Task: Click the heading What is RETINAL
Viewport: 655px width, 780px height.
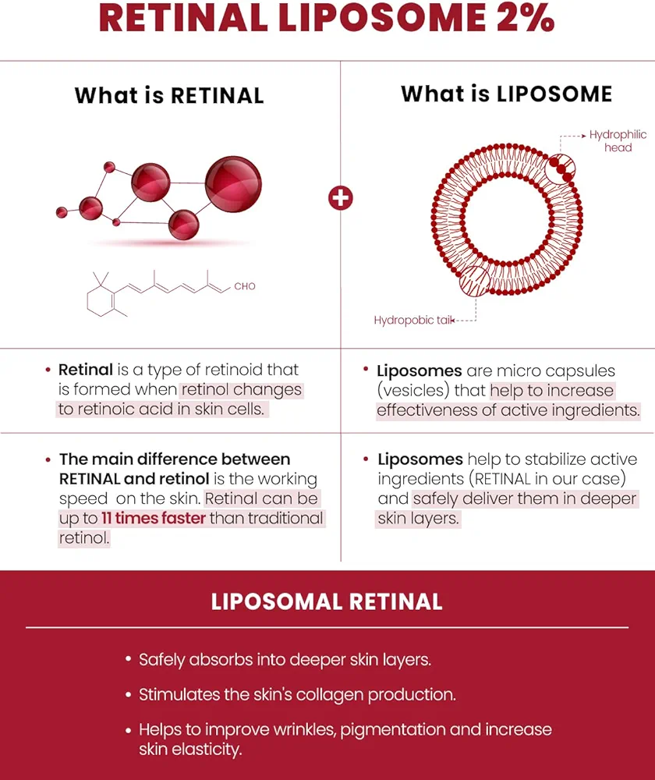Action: (x=169, y=96)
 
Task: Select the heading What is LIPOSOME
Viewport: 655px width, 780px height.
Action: (x=506, y=94)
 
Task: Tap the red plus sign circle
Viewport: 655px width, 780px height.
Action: (x=341, y=197)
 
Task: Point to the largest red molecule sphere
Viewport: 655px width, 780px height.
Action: (x=233, y=184)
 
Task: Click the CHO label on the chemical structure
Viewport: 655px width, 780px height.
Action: (x=245, y=286)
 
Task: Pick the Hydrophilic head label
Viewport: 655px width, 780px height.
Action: (x=618, y=141)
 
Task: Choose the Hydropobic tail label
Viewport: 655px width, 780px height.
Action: (x=413, y=320)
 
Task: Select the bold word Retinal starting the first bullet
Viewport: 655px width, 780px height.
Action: (x=86, y=370)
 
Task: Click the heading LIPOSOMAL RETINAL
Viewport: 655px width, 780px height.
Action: (x=327, y=602)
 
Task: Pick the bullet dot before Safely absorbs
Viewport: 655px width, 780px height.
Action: (x=129, y=659)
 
